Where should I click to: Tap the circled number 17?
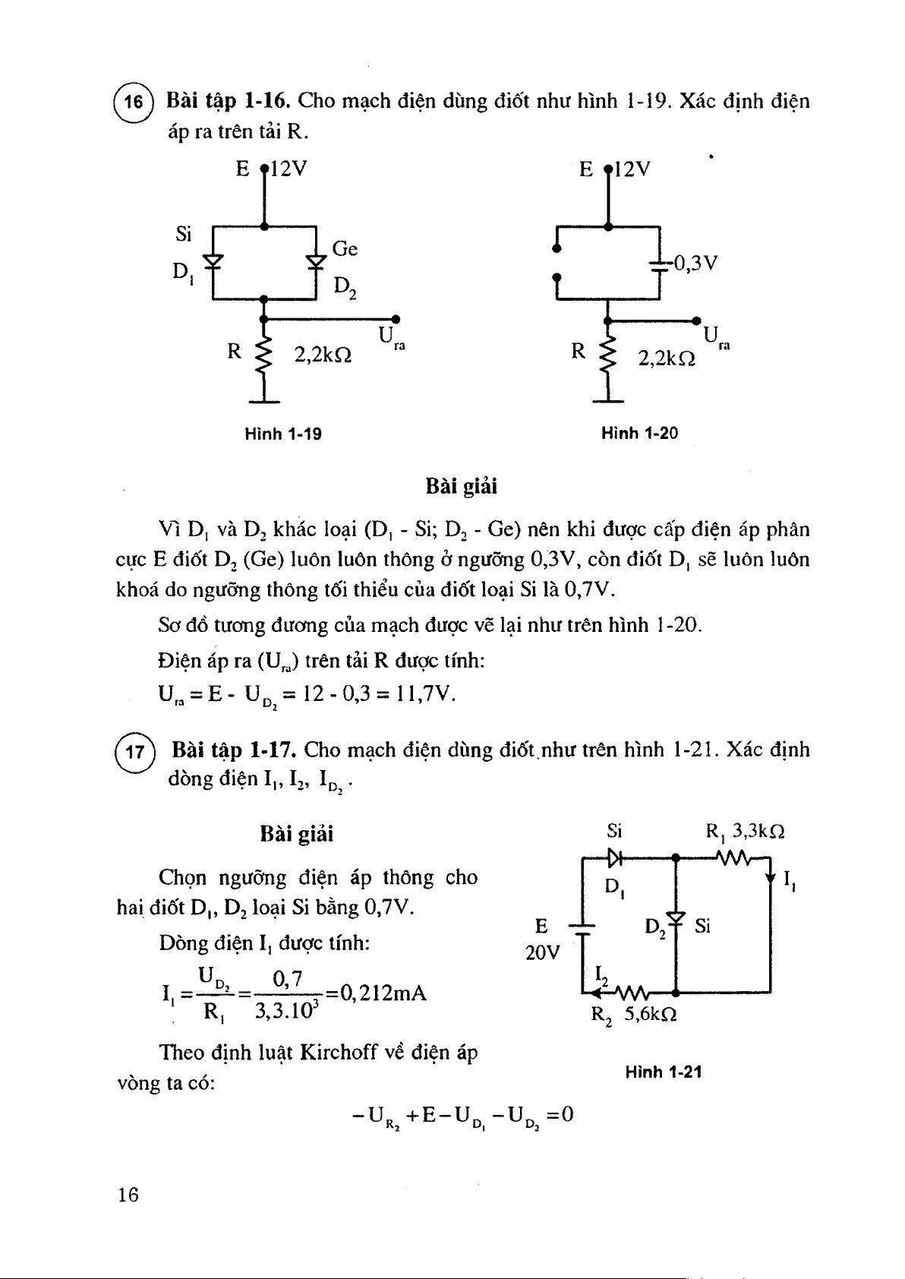point(134,752)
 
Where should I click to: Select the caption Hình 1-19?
point(282,434)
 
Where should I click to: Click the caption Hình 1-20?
point(639,434)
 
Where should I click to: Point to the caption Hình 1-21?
point(663,1072)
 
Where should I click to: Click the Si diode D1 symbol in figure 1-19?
point(214,261)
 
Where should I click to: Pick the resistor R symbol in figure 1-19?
point(263,354)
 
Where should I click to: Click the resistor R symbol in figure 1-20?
point(607,354)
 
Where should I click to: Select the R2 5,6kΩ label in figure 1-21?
point(634,1015)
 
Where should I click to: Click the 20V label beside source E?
point(542,952)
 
